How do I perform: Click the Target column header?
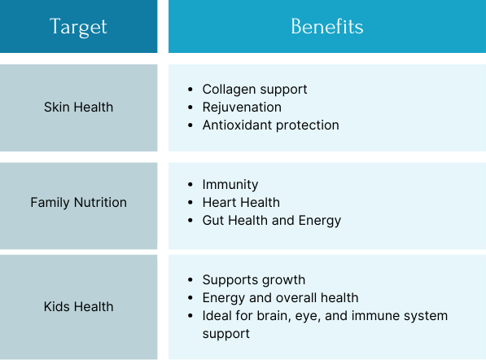pos(78,27)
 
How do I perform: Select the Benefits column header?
pos(327,26)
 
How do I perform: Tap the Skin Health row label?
pos(78,108)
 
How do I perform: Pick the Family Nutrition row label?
pos(78,203)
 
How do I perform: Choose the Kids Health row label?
pos(78,307)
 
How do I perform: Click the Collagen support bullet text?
pos(255,90)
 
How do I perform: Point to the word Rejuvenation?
pos(242,108)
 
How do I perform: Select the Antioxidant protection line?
pos(271,125)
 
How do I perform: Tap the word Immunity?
pos(230,185)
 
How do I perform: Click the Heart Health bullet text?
pos(241,203)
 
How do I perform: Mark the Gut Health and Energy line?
pos(272,221)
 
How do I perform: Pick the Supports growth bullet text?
pos(254,280)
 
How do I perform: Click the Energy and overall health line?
pos(281,298)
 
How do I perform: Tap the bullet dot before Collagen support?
pos(190,90)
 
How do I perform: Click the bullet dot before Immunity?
pos(190,185)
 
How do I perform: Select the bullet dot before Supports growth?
pos(190,280)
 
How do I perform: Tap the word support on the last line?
pos(226,334)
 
